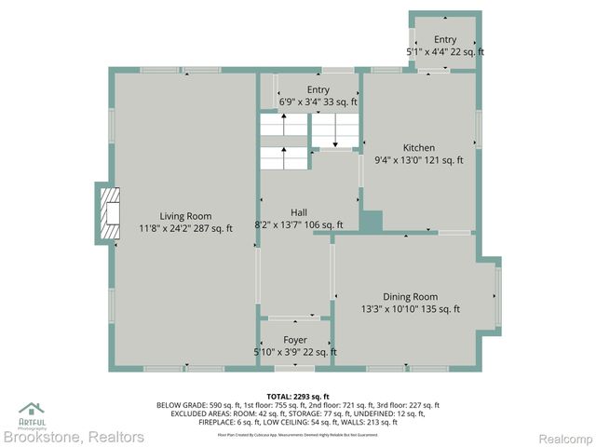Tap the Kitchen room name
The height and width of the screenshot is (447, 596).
pos(418,148)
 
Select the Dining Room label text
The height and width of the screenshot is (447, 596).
pos(410,297)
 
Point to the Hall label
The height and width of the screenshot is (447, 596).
pos(298,212)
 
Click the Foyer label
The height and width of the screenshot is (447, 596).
pos(295,340)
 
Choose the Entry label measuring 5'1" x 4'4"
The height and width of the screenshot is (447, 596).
pos(444,39)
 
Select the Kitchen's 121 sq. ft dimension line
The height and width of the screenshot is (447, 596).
pos(418,160)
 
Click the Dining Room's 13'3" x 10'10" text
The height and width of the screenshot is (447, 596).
pos(410,309)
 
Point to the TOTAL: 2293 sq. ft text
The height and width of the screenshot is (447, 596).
pos(298,396)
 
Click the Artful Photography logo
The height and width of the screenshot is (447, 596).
pos(32,413)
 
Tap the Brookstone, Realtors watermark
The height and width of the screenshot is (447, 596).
pos(74,437)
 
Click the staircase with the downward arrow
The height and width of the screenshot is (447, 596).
pos(334,131)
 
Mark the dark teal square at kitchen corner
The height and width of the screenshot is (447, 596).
pos(372,222)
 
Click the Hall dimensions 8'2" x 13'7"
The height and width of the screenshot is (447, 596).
pos(298,224)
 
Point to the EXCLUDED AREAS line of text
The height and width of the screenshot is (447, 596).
pos(298,413)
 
